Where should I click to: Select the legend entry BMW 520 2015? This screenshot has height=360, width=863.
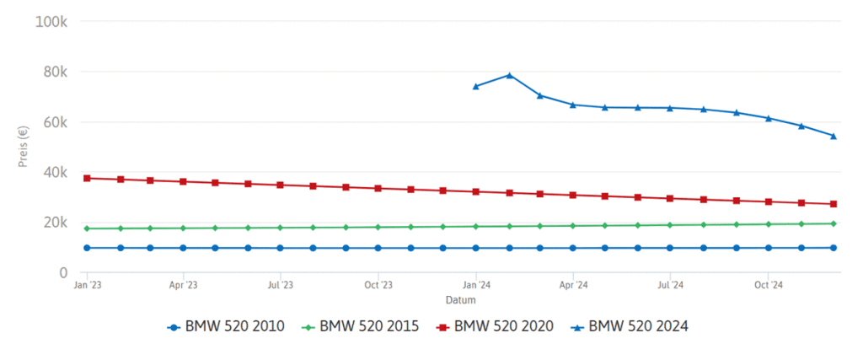click(x=362, y=326)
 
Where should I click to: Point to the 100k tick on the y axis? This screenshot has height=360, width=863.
click(x=51, y=21)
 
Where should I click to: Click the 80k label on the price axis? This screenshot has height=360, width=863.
click(x=55, y=72)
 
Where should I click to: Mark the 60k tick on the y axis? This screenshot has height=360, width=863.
click(x=55, y=122)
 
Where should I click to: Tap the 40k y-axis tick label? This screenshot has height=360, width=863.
click(x=55, y=173)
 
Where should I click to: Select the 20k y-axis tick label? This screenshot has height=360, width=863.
click(x=55, y=223)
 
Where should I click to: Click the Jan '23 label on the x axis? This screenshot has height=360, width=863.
click(x=86, y=286)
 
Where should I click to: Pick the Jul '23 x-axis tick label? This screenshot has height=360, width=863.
click(x=281, y=286)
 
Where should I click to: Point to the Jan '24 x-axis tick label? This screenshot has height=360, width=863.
click(x=475, y=286)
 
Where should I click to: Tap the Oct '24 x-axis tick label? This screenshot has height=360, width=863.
click(x=768, y=286)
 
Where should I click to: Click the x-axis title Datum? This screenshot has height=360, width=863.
click(x=460, y=300)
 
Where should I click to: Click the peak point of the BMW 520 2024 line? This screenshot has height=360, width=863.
click(x=509, y=75)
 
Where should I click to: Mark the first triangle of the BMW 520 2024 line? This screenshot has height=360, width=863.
click(x=476, y=86)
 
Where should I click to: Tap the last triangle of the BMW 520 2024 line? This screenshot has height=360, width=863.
click(x=834, y=136)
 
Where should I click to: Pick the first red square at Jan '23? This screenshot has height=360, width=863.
click(x=87, y=178)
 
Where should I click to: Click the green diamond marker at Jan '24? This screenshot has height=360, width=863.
click(x=476, y=226)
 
